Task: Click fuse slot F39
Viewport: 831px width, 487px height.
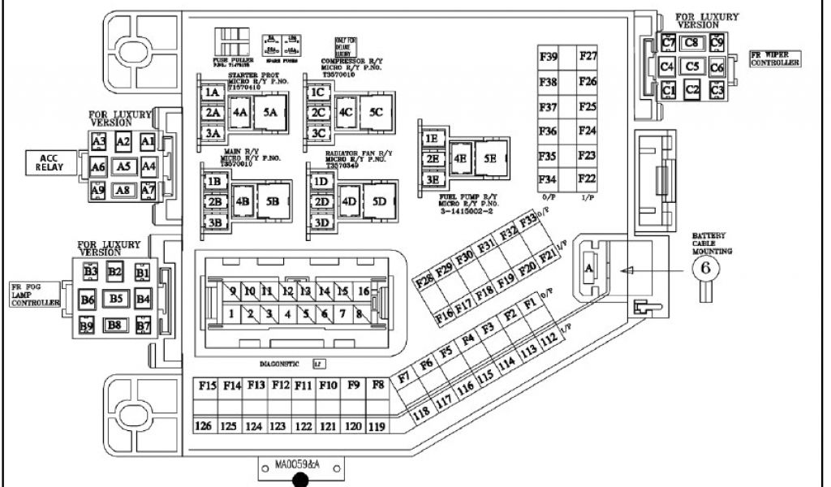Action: click(549, 57)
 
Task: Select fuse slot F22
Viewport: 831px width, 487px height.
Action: click(588, 179)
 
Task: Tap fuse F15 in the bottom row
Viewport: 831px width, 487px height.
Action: click(207, 386)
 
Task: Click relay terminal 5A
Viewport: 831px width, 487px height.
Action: click(269, 114)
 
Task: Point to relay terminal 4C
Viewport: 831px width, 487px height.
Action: click(346, 113)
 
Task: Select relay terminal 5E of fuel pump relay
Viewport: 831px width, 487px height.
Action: click(489, 158)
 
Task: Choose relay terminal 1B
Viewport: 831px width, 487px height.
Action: click(214, 181)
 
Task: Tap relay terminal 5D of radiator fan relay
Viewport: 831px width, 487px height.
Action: click(379, 202)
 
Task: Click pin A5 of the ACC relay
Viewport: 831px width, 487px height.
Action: click(123, 166)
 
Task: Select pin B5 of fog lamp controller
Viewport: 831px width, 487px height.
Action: click(117, 299)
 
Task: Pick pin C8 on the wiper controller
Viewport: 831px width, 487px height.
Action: click(691, 42)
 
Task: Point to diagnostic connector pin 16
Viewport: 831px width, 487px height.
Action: click(363, 291)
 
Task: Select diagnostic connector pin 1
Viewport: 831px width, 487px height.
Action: click(232, 313)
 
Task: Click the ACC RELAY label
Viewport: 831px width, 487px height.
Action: click(49, 162)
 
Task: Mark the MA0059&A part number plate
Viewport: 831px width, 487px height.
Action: click(299, 465)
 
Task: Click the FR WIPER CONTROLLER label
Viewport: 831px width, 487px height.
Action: click(775, 58)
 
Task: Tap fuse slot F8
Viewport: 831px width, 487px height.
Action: click(377, 386)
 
